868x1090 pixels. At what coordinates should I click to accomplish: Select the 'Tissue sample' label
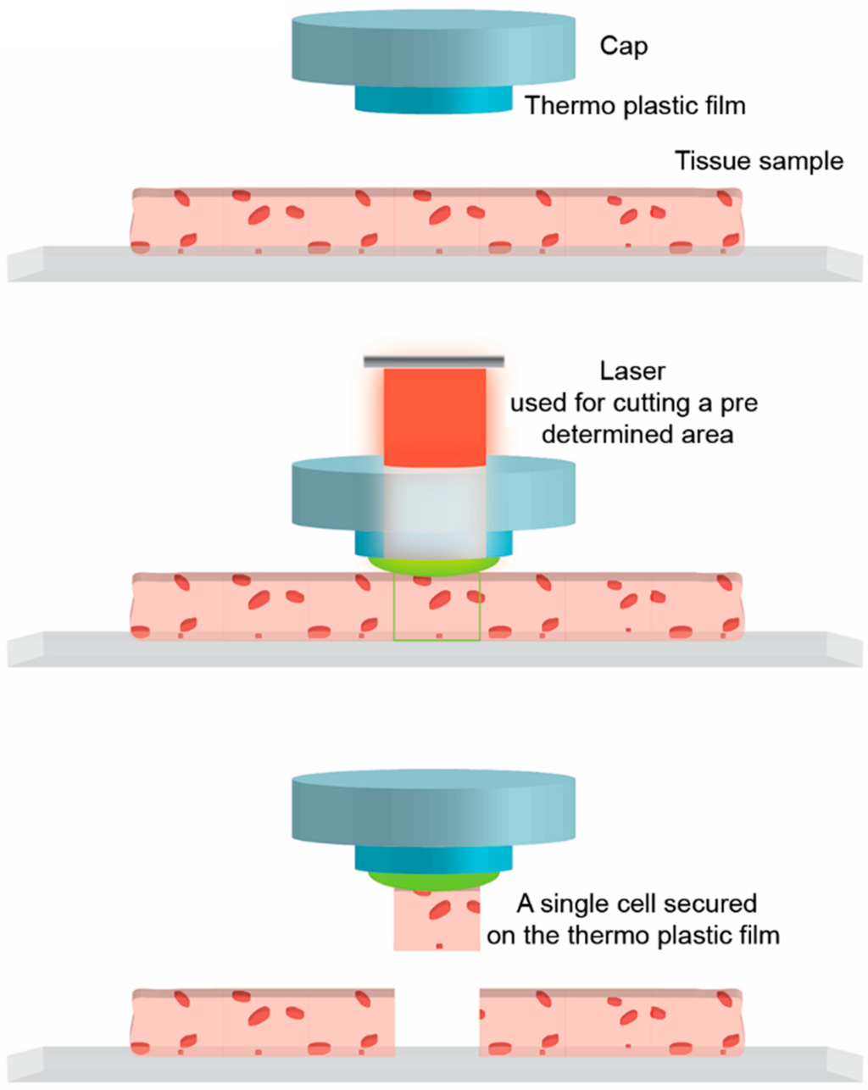click(x=759, y=161)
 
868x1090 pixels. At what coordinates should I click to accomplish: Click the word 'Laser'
click(x=632, y=371)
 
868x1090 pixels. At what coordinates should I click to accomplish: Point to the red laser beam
click(x=435, y=415)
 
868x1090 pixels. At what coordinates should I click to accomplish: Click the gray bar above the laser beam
click(x=434, y=362)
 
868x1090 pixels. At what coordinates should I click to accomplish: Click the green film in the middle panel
click(x=433, y=566)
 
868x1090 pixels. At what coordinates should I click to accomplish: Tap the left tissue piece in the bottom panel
click(x=263, y=1021)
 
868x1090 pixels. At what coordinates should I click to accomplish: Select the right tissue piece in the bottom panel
click(x=610, y=1021)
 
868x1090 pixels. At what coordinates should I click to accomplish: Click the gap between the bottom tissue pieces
click(x=437, y=1021)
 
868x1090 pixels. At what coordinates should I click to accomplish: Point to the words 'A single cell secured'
click(x=636, y=904)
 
